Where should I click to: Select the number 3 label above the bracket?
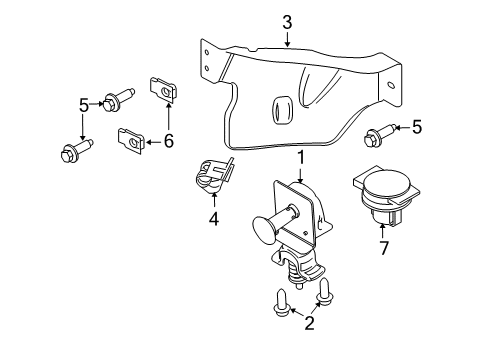(x=287, y=21)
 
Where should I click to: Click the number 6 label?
(x=168, y=141)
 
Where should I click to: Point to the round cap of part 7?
(x=384, y=185)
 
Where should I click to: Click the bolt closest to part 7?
(x=381, y=133)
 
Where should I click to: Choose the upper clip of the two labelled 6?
(x=165, y=90)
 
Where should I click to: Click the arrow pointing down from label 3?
(x=287, y=40)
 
